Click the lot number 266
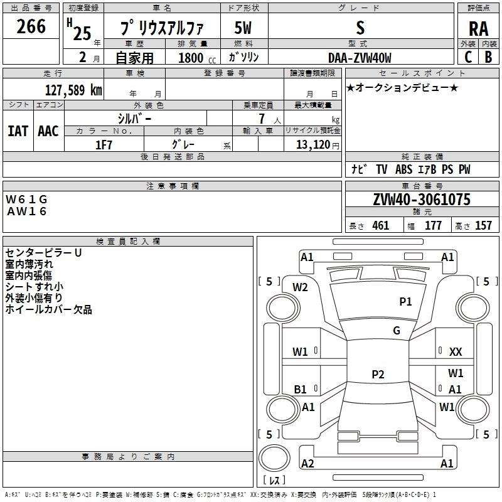pyautogui.click(x=31, y=26)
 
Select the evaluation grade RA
pyautogui.click(x=478, y=29)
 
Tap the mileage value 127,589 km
pyautogui.click(x=73, y=90)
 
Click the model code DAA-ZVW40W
pyautogui.click(x=360, y=58)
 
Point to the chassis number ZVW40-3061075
pyautogui.click(x=422, y=200)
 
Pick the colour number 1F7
pyautogui.click(x=104, y=145)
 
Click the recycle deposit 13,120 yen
pyautogui.click(x=318, y=145)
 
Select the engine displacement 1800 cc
pyautogui.click(x=197, y=58)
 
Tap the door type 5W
pyautogui.click(x=243, y=28)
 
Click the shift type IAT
pyautogui.click(x=18, y=131)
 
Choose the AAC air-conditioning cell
pyautogui.click(x=48, y=131)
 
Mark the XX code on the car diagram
pyautogui.click(x=456, y=352)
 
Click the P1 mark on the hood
pyautogui.click(x=405, y=301)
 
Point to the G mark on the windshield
pyautogui.click(x=397, y=330)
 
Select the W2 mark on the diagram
pyautogui.click(x=300, y=287)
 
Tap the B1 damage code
pyautogui.click(x=300, y=389)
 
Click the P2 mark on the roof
pyautogui.click(x=378, y=374)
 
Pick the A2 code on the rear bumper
pyautogui.click(x=307, y=463)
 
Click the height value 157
pyautogui.click(x=483, y=225)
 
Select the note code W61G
pyautogui.click(x=26, y=200)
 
